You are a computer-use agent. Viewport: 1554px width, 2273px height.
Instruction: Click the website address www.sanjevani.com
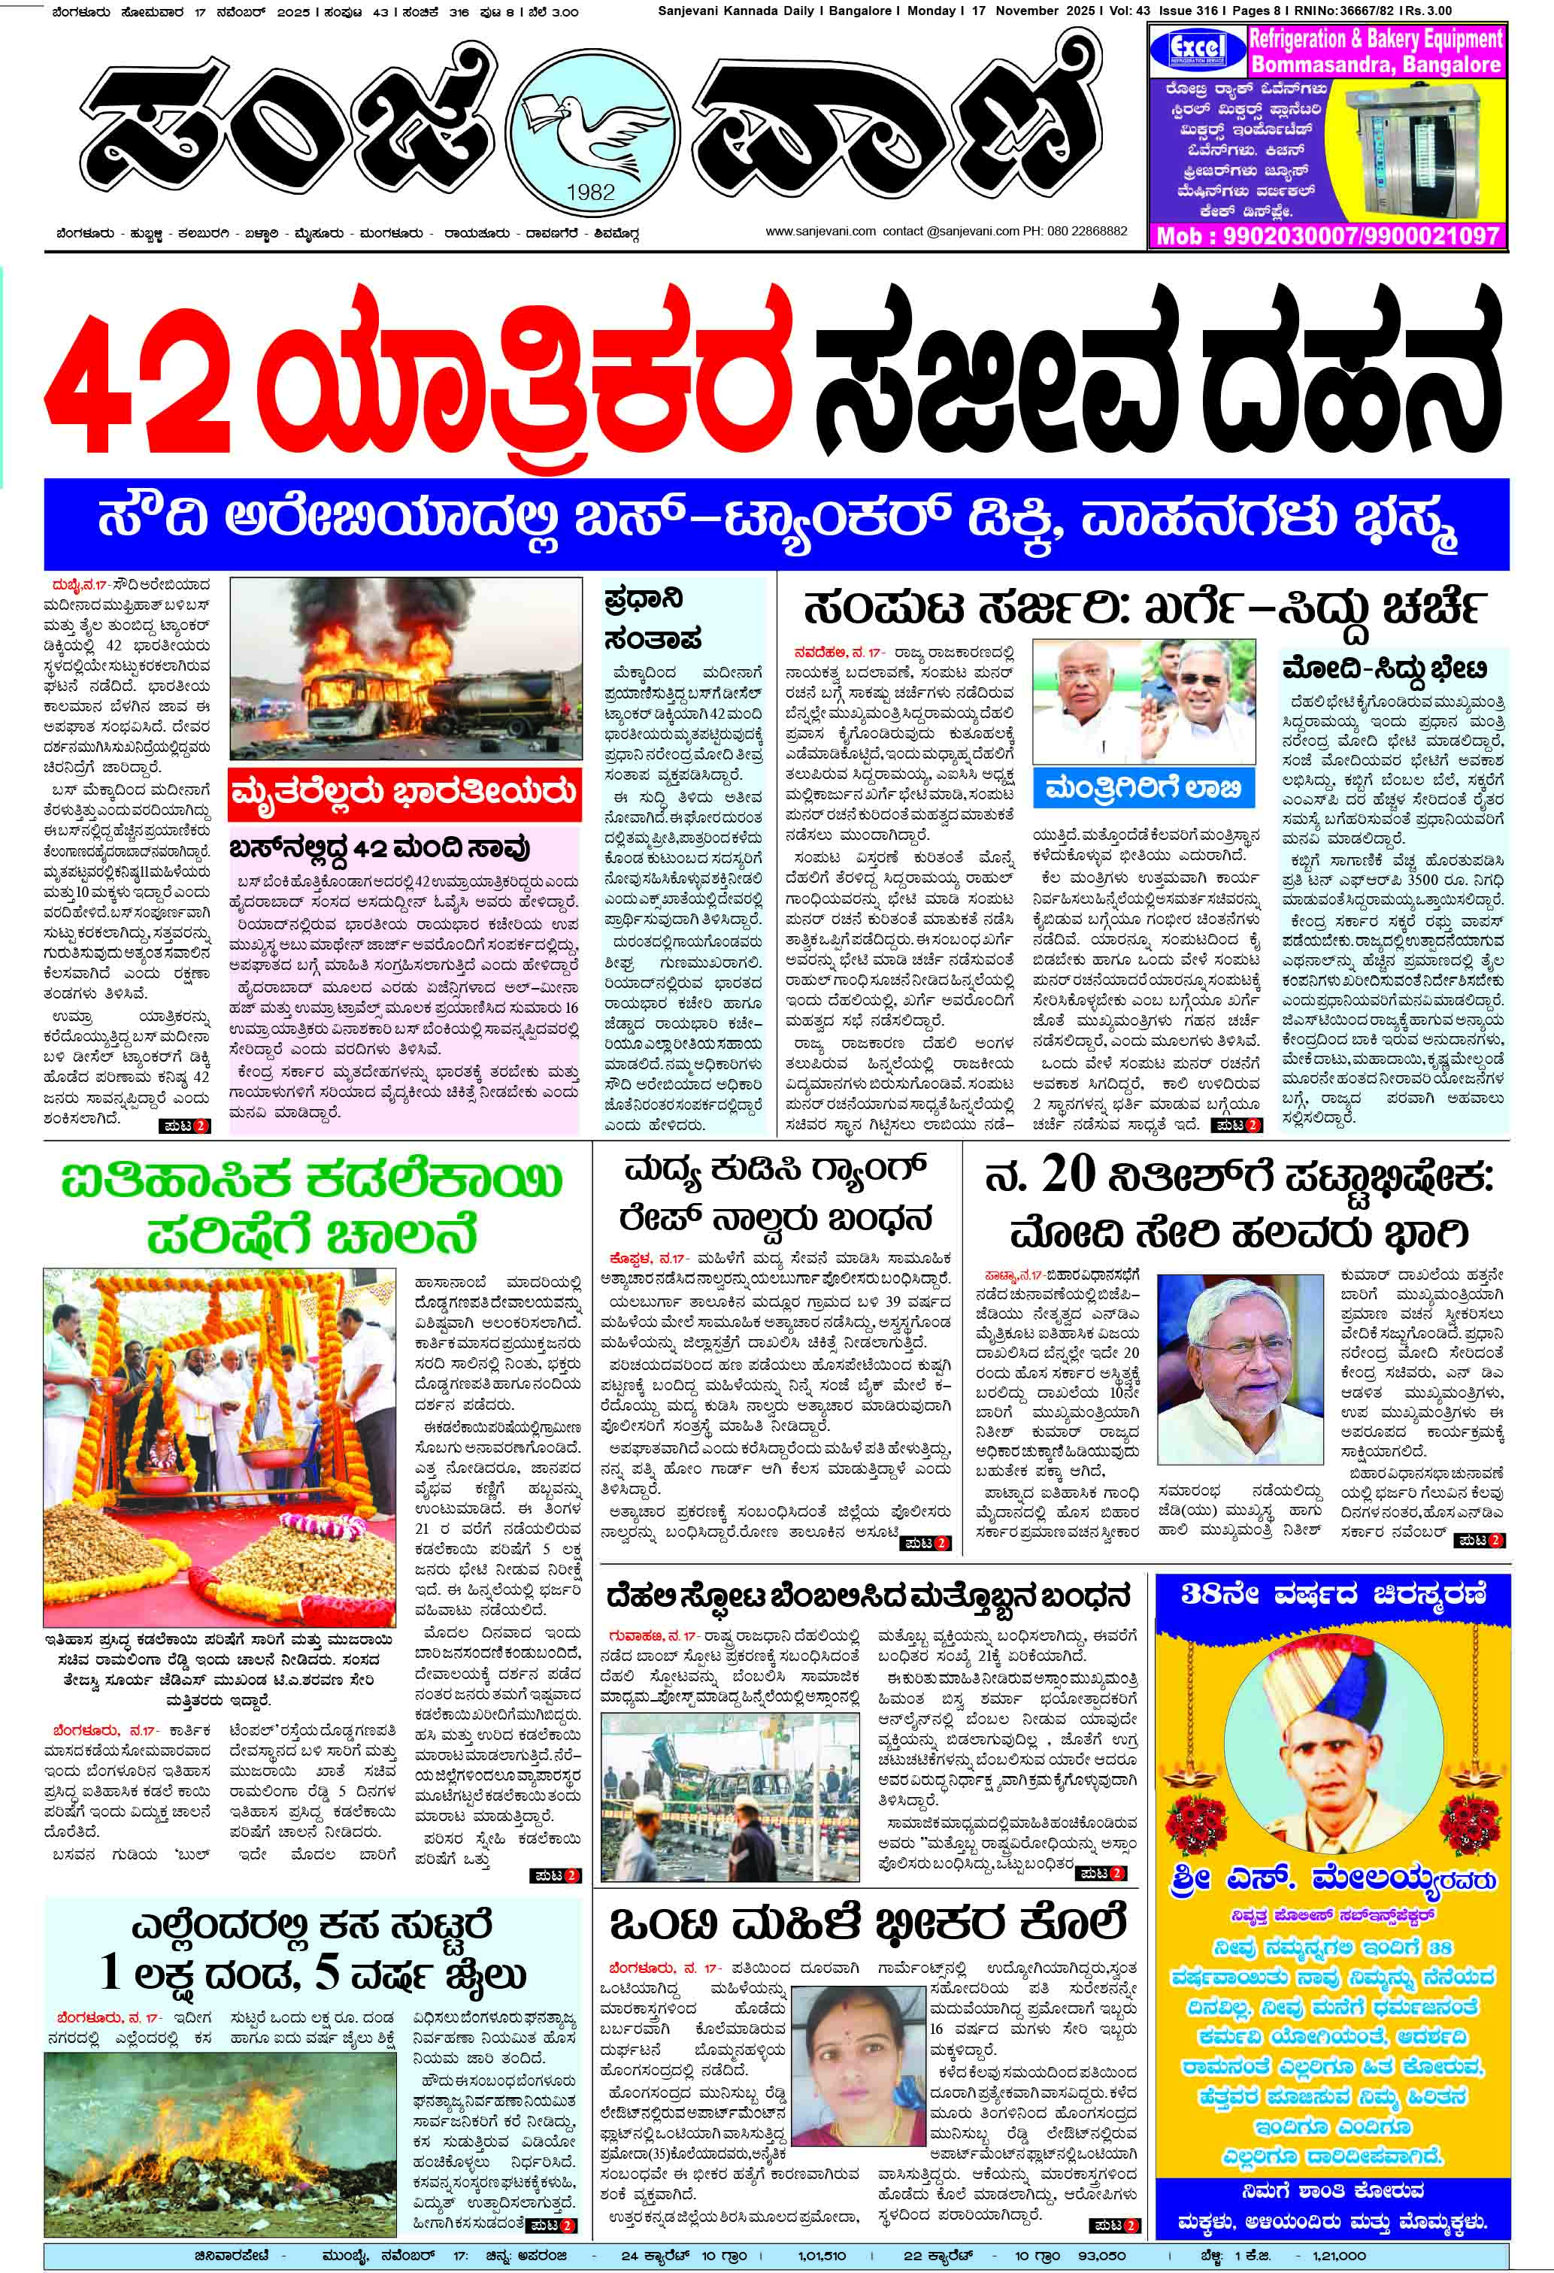[x=819, y=232]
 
